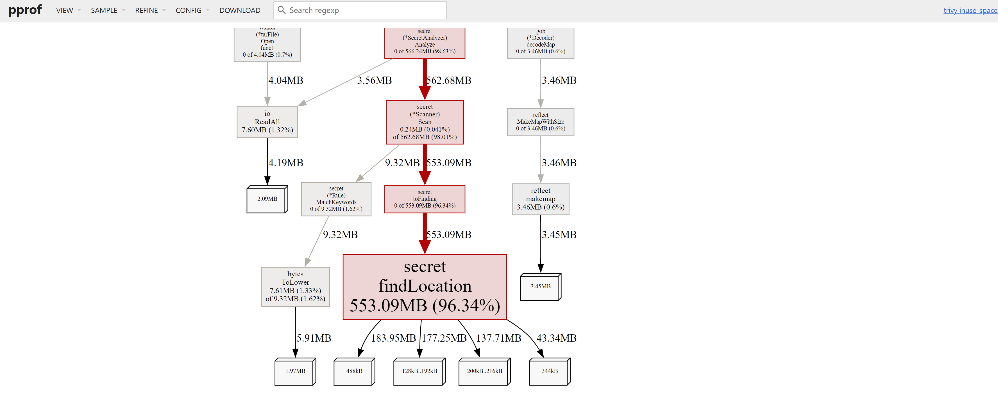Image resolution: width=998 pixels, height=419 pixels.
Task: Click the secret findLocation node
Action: [x=425, y=287]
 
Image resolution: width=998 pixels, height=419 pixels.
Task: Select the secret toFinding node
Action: [x=425, y=199]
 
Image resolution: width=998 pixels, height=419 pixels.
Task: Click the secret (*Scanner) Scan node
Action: [x=425, y=122]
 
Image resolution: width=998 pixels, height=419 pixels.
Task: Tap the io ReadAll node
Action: [x=267, y=122]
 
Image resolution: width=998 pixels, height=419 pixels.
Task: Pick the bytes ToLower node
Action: [x=295, y=286]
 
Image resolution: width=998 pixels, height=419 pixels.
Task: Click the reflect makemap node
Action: [x=541, y=199]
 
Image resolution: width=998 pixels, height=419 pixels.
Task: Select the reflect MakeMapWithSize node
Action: [x=541, y=122]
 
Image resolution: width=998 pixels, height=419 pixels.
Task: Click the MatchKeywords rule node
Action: [x=336, y=199]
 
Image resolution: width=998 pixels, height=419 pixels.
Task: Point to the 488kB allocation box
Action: [x=354, y=371]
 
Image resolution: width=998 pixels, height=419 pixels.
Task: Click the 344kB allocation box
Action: [x=549, y=371]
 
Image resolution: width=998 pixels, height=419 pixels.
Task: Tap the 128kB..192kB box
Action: [x=419, y=371]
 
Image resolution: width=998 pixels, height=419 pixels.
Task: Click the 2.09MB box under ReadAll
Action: [x=267, y=199]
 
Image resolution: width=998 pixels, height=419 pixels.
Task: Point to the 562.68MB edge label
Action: [x=449, y=80]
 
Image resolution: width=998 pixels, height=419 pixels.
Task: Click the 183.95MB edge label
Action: [x=393, y=338]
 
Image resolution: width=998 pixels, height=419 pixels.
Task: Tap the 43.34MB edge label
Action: [x=556, y=338]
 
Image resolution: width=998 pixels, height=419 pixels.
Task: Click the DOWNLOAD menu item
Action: [x=240, y=10]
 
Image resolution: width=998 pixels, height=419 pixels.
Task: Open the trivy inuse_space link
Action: [x=970, y=10]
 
